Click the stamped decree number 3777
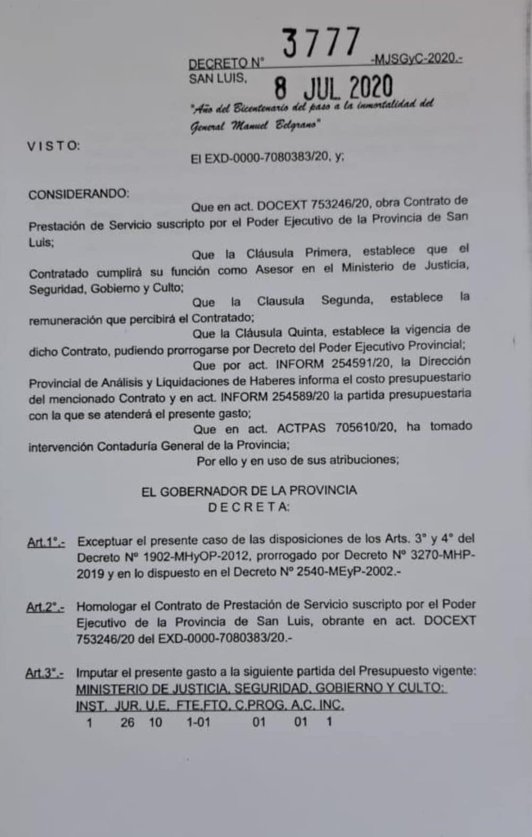coord(321,43)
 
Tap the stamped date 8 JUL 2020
coord(333,88)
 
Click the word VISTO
coord(54,146)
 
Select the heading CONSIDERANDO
coord(79,194)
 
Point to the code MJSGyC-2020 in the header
coord(417,58)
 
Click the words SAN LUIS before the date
coord(218,79)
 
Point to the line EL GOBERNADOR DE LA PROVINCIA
coord(249,490)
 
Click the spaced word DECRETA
coord(248,507)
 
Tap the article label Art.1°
coord(46,542)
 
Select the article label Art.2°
coord(46,607)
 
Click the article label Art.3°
coord(45,674)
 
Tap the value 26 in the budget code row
coord(127,722)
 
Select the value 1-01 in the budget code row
coord(198,722)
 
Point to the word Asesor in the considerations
coord(274,269)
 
